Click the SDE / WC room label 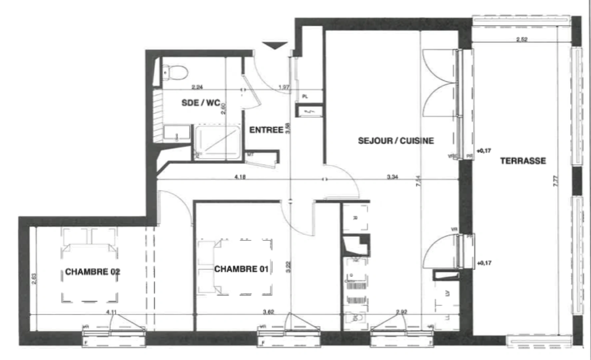[x=201, y=103]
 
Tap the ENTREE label [x=266, y=130]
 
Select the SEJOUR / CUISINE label [x=396, y=141]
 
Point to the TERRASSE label [x=523, y=161]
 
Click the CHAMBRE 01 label [x=241, y=269]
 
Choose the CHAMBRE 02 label [x=92, y=272]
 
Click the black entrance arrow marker [x=275, y=46]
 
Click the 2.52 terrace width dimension [x=522, y=39]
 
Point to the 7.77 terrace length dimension [x=555, y=181]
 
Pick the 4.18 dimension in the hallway [x=240, y=177]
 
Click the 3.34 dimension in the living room [x=392, y=177]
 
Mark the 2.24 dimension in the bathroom [x=197, y=87]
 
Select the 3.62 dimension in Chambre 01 [x=268, y=312]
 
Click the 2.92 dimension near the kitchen [x=402, y=312]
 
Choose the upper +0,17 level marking [x=483, y=151]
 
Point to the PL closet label [x=305, y=96]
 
